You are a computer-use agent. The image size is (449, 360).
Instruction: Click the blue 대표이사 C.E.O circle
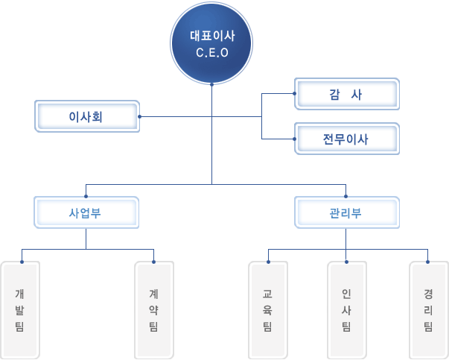[211, 43]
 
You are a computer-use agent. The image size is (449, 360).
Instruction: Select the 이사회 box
[87, 116]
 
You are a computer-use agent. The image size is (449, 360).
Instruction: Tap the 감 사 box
[347, 94]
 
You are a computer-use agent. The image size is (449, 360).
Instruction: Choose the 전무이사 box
[347, 139]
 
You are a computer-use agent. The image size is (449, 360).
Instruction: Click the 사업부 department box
[86, 212]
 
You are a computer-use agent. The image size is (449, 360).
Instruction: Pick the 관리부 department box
[347, 212]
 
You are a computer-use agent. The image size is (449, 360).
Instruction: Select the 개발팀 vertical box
[20, 310]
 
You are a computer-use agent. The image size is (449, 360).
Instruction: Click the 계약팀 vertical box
[154, 310]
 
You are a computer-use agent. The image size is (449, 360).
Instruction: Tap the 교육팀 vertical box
[268, 310]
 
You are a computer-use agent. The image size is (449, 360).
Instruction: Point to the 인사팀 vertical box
[347, 310]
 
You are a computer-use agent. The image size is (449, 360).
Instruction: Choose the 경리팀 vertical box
[429, 310]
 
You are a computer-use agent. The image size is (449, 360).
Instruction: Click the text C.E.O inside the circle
[212, 53]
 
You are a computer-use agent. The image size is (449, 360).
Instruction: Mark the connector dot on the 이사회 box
[139, 117]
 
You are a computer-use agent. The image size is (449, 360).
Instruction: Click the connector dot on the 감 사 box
[294, 93]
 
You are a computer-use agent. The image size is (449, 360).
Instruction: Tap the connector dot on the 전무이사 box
[294, 139]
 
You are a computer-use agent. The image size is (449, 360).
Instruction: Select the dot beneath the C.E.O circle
[212, 84]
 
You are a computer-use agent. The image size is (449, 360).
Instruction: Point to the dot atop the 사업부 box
[86, 196]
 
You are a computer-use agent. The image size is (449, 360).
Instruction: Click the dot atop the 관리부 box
[346, 196]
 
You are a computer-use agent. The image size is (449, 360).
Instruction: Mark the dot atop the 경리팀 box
[428, 262]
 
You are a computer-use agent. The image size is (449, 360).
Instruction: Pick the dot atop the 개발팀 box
[22, 262]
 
